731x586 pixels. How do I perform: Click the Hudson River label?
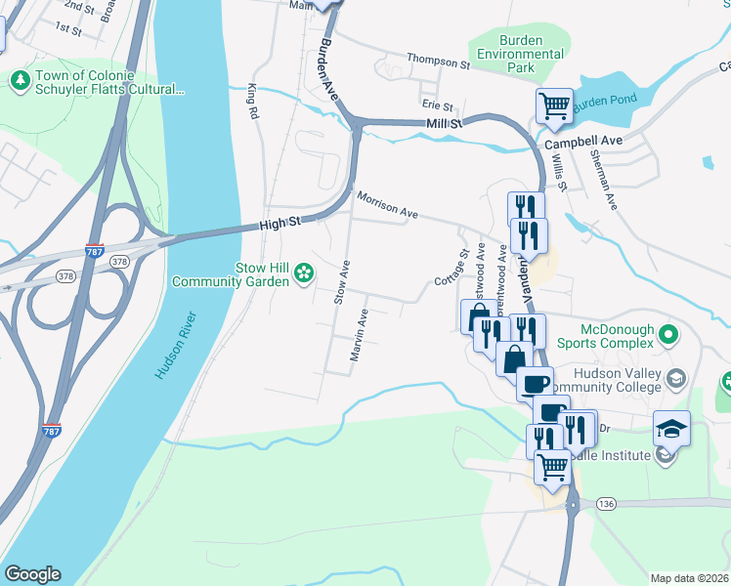pyautogui.click(x=176, y=346)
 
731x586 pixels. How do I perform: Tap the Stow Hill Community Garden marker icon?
pyautogui.click(x=304, y=273)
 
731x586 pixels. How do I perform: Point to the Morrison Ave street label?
pyautogui.click(x=387, y=205)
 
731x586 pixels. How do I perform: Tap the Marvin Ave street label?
pyautogui.click(x=359, y=336)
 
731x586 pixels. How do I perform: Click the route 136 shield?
pyautogui.click(x=605, y=504)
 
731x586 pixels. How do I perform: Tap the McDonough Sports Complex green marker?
pyautogui.click(x=669, y=336)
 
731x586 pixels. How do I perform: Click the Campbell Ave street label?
pyautogui.click(x=583, y=142)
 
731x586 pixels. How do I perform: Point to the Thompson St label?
pyautogui.click(x=438, y=63)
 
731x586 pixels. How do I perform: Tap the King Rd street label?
pyautogui.click(x=253, y=101)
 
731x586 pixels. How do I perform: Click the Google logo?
pyautogui.click(x=32, y=574)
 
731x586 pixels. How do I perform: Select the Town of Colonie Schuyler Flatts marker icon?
pyautogui.click(x=18, y=77)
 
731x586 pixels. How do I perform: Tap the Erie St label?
pyautogui.click(x=437, y=105)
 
